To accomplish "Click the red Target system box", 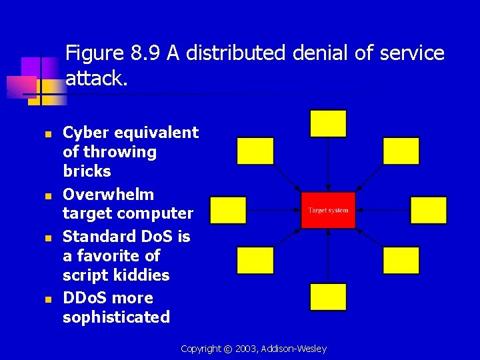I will [328, 210].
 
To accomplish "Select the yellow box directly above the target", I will [328, 124].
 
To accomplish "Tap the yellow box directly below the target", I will [328, 297].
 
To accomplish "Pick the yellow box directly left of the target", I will [228, 210].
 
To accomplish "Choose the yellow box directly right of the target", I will [428, 210].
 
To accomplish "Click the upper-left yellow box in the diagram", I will [255, 151].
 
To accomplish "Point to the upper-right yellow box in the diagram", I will [401, 151].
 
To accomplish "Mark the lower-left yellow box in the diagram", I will [255, 260].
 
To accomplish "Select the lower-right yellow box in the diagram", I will [401, 260].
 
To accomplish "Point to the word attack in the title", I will [94, 79].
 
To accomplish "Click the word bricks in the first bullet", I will [87, 171].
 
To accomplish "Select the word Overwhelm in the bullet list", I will [108, 195].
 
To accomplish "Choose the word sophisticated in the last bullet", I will [116, 317].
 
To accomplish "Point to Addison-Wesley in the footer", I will [294, 349].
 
